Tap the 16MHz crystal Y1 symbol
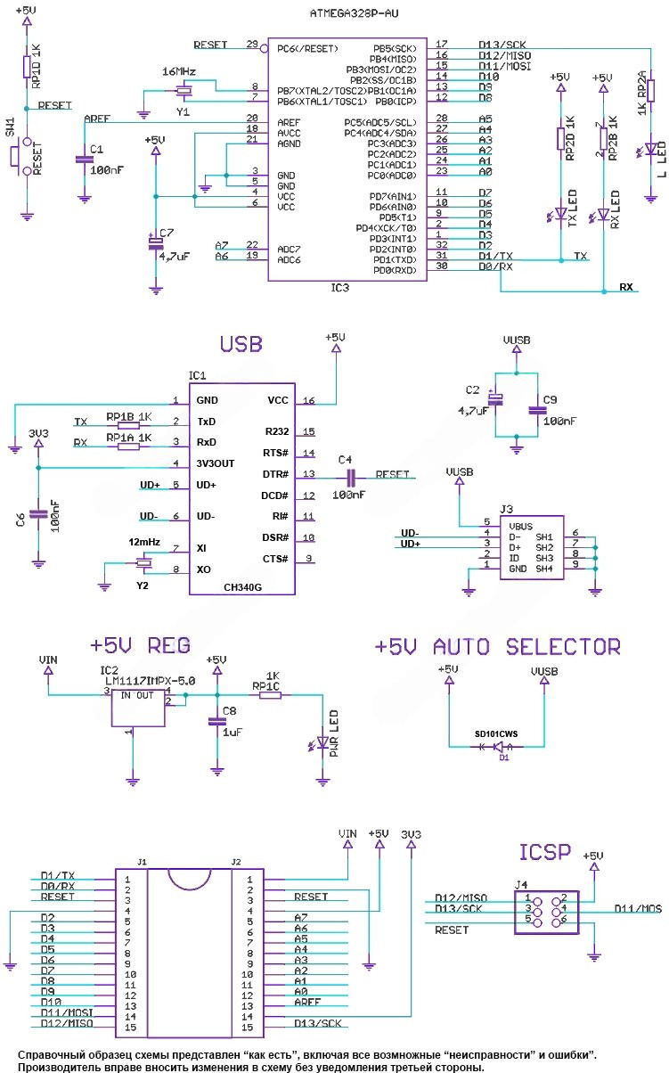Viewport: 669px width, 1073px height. pyautogui.click(x=183, y=90)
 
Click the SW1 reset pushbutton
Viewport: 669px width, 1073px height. pyautogui.click(x=17, y=156)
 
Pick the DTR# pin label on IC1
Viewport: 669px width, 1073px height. pyautogui.click(x=273, y=474)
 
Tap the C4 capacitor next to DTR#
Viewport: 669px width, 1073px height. pyautogui.click(x=348, y=475)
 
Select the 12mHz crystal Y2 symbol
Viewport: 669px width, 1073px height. pyautogui.click(x=142, y=561)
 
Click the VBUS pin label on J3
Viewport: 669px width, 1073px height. pyautogui.click(x=520, y=525)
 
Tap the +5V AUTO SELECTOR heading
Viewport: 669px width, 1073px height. pyautogui.click(x=497, y=647)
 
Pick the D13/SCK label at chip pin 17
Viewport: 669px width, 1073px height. pyautogui.click(x=502, y=44)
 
